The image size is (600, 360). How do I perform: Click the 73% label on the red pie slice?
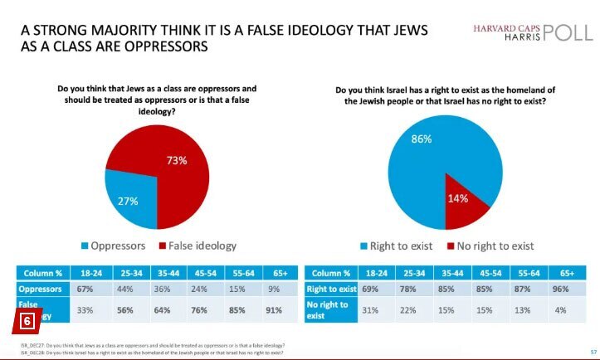click(x=176, y=160)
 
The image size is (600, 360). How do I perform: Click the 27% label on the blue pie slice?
click(x=126, y=202)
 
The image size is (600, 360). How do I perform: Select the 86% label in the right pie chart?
click(x=422, y=139)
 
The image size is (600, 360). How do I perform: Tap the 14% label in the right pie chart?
click(x=458, y=198)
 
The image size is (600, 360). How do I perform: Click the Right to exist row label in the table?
click(x=331, y=289)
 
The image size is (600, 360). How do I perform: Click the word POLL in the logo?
click(x=568, y=33)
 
